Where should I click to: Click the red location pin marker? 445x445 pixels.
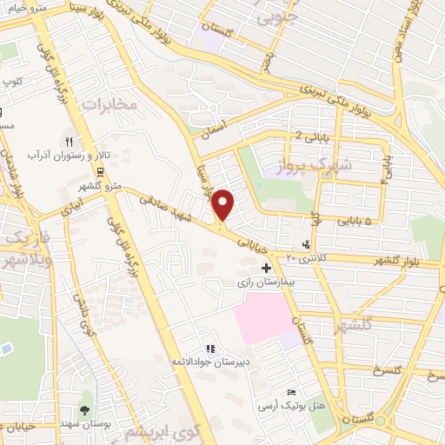pyautogui.click(x=223, y=204)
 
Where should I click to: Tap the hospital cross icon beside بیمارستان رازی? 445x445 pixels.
pyautogui.click(x=265, y=269)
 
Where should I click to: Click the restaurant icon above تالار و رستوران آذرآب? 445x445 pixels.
pyautogui.click(x=69, y=140)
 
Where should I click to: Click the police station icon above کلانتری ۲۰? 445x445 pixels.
pyautogui.click(x=305, y=245)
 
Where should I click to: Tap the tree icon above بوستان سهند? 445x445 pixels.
pyautogui.click(x=84, y=409)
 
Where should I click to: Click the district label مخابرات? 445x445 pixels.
pyautogui.click(x=110, y=104)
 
